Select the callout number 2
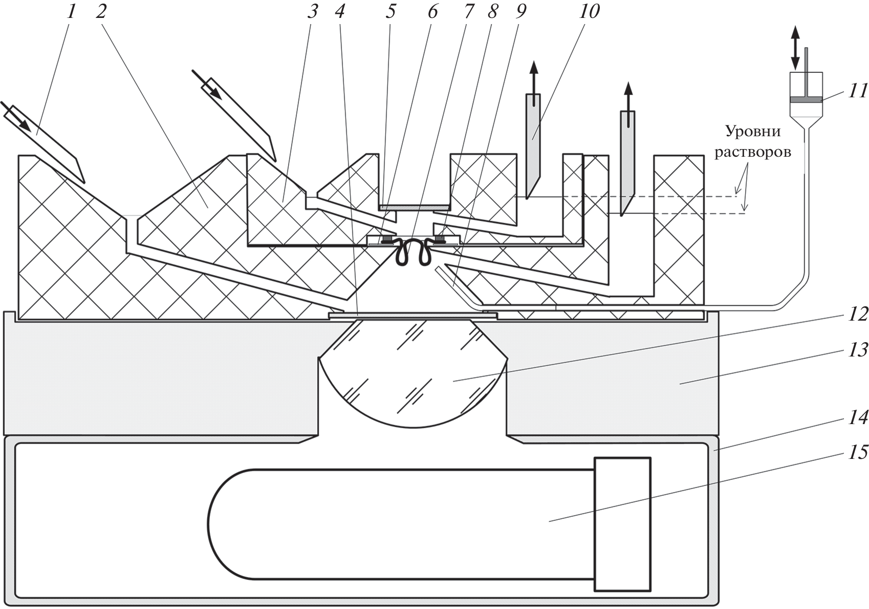[101, 11]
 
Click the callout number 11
[858, 91]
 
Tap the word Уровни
[753, 132]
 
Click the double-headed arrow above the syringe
[795, 48]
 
